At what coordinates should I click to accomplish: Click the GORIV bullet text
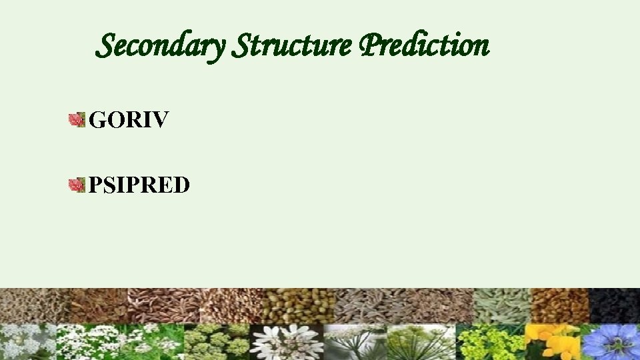tap(129, 120)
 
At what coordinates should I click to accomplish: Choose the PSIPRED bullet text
tap(139, 184)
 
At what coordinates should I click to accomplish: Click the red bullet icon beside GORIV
tap(77, 121)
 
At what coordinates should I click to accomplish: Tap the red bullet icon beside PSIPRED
tap(77, 185)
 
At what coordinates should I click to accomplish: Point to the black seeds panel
tap(615, 305)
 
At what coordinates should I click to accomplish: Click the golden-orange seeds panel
tap(559, 305)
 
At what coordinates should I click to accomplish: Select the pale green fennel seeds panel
tap(501, 305)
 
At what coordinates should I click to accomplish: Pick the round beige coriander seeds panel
tap(291, 305)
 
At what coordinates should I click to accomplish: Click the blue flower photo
tap(610, 342)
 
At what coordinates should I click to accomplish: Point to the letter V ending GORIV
tap(162, 120)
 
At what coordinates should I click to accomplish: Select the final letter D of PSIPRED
tap(182, 184)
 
